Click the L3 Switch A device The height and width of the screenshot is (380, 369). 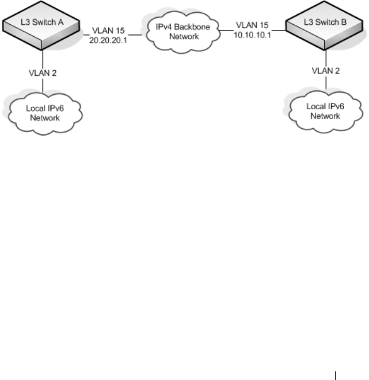click(41, 25)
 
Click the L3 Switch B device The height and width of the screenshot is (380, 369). click(324, 25)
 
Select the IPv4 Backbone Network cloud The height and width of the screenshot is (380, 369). click(183, 32)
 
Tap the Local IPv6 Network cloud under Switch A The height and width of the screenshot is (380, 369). click(45, 113)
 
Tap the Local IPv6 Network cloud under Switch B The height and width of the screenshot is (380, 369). click(326, 112)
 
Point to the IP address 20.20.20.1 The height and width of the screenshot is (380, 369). click(108, 40)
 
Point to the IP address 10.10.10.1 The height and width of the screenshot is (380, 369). click(252, 35)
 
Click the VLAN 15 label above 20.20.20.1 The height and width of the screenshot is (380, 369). click(108, 31)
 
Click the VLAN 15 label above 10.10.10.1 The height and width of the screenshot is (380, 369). click(252, 25)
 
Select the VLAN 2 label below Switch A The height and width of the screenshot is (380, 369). click(43, 73)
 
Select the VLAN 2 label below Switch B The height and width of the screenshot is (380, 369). click(326, 71)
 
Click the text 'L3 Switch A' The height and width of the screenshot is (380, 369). click(42, 22)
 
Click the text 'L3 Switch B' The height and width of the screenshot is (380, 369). click(325, 22)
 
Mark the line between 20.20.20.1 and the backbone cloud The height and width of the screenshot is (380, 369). click(135, 35)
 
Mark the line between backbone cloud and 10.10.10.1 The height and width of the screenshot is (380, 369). click(226, 30)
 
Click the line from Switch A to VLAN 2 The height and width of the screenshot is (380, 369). click(43, 59)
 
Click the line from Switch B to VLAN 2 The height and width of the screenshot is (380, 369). click(326, 58)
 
